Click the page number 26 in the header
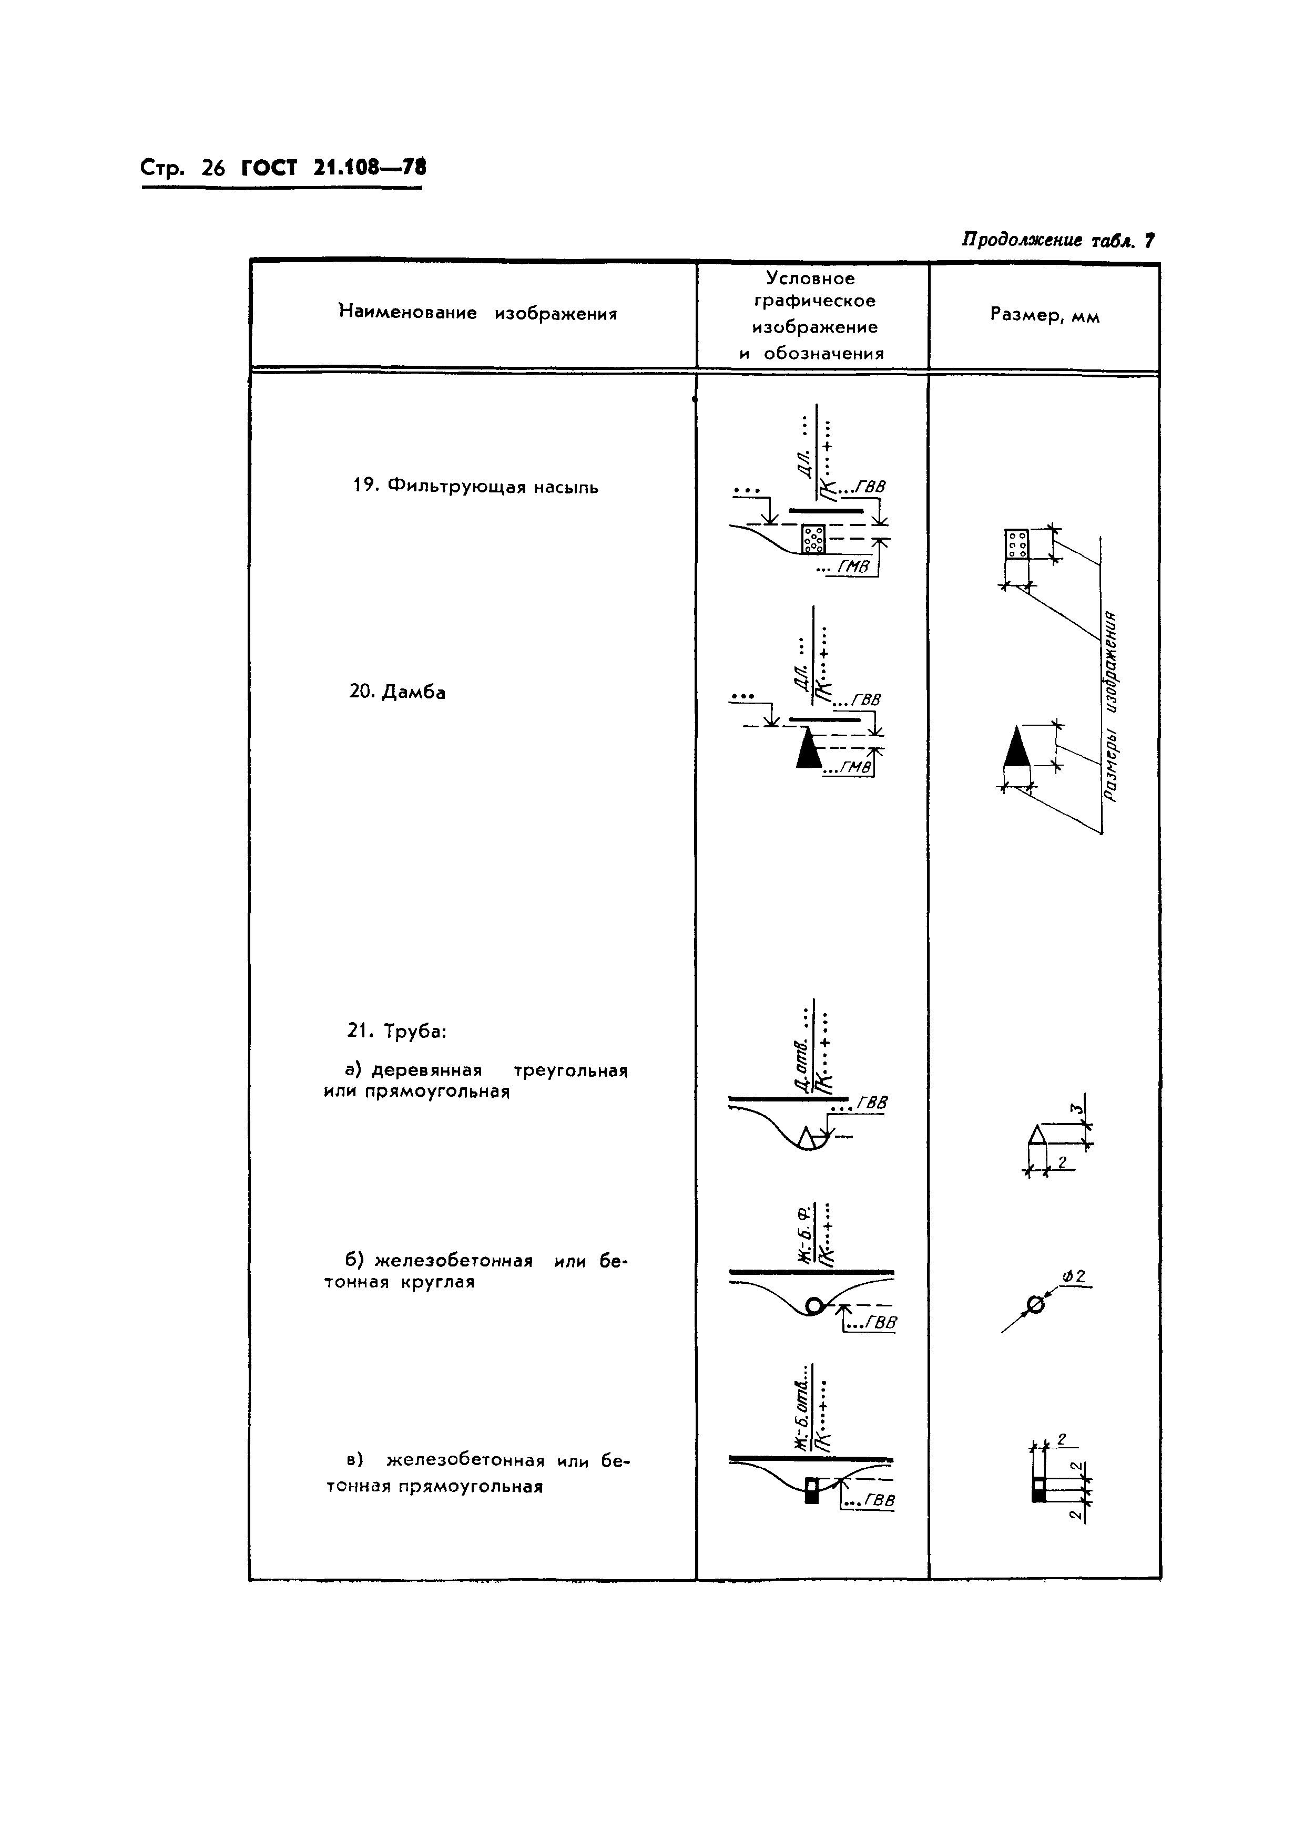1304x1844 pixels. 213,169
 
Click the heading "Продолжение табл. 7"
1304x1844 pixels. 1058,240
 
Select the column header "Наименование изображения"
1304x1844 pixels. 478,313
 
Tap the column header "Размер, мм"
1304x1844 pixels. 1044,316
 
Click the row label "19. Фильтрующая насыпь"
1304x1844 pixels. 476,487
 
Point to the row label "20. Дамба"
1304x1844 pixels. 397,692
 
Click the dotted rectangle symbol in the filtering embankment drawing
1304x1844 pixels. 813,539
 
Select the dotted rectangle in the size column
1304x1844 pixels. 1016,544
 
